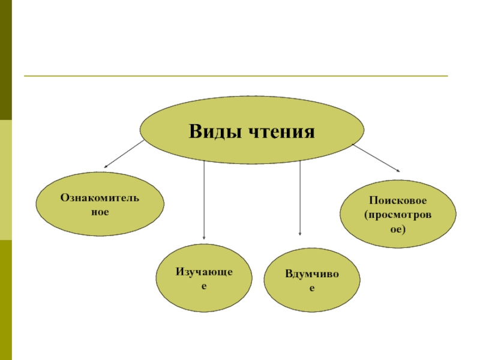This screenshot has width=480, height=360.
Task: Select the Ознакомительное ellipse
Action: click(100, 204)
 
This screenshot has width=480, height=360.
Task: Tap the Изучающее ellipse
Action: click(203, 278)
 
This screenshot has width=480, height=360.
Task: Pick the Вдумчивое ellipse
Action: click(311, 281)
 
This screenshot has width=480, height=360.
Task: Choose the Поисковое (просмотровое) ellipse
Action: click(398, 214)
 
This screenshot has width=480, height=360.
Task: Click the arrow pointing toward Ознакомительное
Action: click(125, 154)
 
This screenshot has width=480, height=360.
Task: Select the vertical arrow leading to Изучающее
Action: click(205, 198)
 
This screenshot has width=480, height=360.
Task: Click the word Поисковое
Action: click(398, 199)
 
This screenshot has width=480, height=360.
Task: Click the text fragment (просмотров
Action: click(398, 214)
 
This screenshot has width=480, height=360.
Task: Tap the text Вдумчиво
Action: click(311, 274)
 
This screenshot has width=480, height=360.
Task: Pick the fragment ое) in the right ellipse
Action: click(398, 229)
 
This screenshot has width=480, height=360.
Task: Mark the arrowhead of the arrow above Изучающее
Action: click(205, 238)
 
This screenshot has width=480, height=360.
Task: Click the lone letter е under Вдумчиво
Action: click(311, 289)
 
